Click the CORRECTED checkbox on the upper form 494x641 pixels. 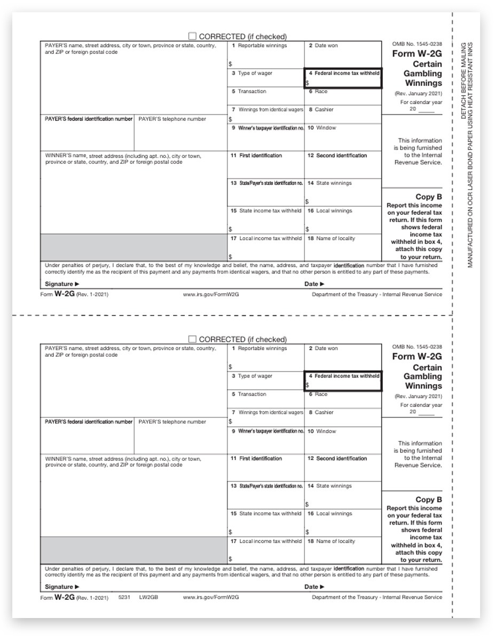(x=192, y=36)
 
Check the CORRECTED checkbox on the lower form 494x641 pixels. (x=192, y=339)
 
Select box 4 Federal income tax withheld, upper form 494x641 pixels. (x=343, y=78)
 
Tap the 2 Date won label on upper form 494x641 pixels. (x=323, y=46)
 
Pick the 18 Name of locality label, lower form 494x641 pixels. (x=332, y=541)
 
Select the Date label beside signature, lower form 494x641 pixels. (x=314, y=587)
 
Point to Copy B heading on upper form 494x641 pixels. (x=428, y=197)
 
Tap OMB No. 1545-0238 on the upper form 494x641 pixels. (x=417, y=44)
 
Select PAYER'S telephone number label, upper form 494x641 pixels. (x=172, y=119)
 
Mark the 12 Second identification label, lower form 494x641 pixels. (x=338, y=458)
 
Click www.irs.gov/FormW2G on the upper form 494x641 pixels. (x=210, y=294)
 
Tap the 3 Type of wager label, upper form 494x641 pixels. (x=252, y=73)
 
